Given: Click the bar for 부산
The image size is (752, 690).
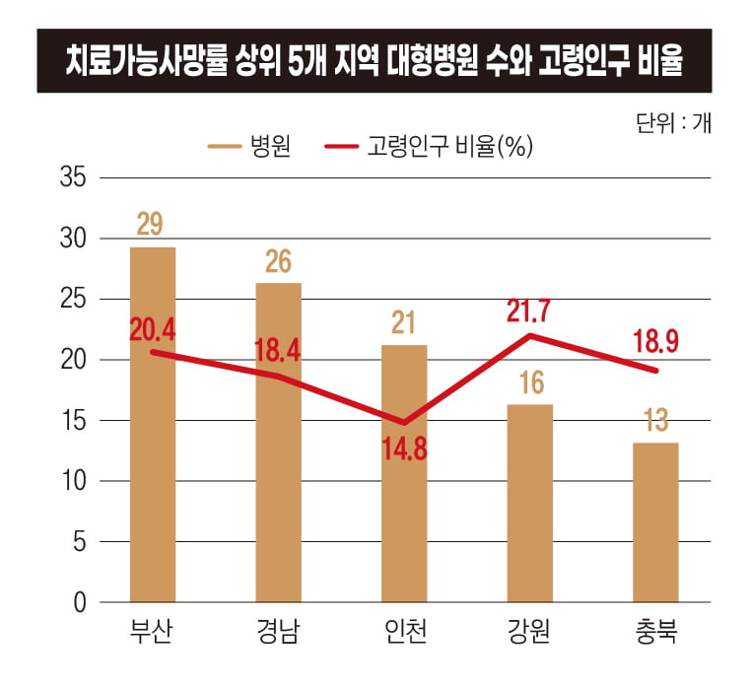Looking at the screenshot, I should tap(152, 463).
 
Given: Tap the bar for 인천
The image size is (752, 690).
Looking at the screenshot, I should tap(404, 493).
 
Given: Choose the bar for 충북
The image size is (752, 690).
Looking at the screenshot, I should tap(655, 522).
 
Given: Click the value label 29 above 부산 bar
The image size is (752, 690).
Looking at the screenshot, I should tap(150, 225).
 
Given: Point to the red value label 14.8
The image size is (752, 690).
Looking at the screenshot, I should tap(404, 450).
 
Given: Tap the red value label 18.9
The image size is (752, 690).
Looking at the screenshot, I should tap(655, 342).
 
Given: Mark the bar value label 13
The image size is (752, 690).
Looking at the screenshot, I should tap(655, 421).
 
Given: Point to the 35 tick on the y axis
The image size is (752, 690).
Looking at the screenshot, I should tap(74, 178).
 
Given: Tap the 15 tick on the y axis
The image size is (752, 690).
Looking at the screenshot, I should tap(74, 421).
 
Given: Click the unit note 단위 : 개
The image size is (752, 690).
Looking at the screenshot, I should tap(675, 122).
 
